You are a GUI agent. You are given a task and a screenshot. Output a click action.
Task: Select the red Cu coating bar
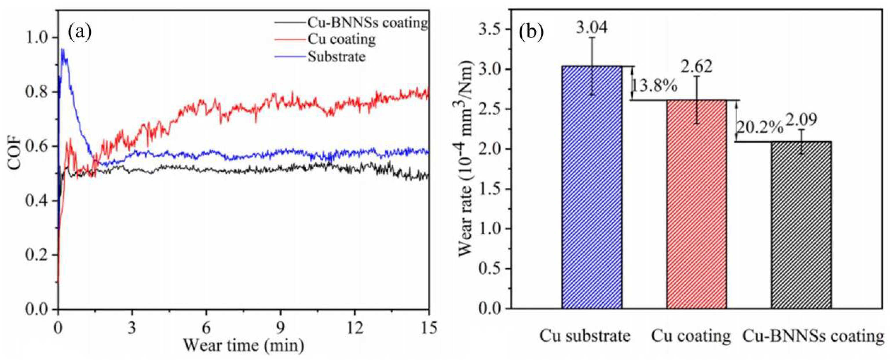point(696,204)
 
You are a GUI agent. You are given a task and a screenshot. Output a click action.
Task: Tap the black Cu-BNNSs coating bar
point(801,225)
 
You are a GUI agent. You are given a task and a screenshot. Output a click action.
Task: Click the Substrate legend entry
point(336,56)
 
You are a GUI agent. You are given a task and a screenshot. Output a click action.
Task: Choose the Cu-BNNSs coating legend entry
point(367,23)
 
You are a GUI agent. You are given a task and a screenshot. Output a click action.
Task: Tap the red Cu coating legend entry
point(341,39)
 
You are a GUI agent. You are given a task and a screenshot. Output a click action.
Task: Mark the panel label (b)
point(531,32)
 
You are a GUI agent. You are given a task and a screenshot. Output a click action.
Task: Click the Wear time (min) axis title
point(244,346)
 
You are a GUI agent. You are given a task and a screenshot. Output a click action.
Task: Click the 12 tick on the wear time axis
point(355,327)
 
